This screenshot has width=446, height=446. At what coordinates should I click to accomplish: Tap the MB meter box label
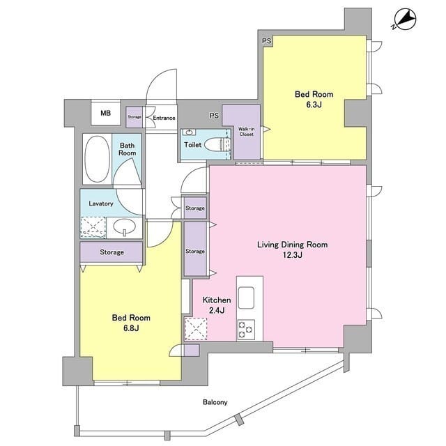pos(105,113)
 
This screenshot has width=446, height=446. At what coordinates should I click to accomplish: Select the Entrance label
pos(164,118)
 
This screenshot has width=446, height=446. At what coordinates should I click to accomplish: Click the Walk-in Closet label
pos(246,132)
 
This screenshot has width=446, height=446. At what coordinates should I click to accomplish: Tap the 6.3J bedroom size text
pos(314,105)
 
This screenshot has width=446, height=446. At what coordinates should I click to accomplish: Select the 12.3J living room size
pos(293,255)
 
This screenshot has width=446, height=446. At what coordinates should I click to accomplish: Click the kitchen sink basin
pos(246,298)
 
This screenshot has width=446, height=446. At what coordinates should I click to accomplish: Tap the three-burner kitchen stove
pos(246,330)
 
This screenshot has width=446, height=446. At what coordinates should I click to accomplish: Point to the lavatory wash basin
pos(125,227)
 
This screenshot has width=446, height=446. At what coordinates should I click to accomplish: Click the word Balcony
pos(215,402)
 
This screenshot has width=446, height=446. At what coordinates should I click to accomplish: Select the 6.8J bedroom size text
pos(131,328)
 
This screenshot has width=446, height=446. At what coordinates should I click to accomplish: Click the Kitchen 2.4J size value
pos(217,310)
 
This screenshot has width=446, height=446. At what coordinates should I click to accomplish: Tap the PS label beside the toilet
pos(214,116)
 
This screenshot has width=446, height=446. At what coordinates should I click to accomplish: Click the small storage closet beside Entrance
pos(134,117)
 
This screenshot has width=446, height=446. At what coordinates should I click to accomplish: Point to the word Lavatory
pos(101,203)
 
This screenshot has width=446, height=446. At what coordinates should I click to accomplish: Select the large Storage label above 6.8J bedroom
pos(111,252)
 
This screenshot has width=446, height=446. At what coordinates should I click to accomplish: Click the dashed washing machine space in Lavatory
pos(93,227)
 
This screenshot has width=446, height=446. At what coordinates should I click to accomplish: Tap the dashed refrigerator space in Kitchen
pos(196,328)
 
